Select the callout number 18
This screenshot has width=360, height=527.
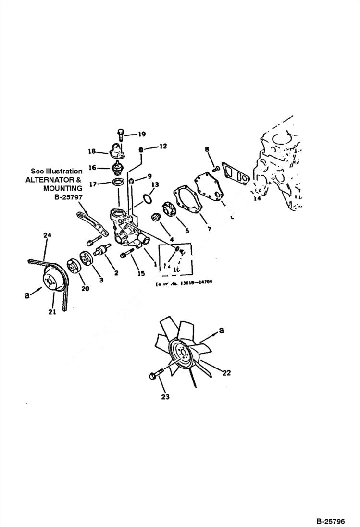[x=92, y=152]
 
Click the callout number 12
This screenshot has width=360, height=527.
[x=163, y=146]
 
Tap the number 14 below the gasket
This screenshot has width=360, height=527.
[x=257, y=198]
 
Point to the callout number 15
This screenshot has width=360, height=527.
[x=141, y=273]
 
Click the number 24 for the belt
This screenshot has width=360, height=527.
[x=47, y=235]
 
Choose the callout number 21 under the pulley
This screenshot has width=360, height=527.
[x=52, y=312]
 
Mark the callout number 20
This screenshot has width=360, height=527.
[x=85, y=289]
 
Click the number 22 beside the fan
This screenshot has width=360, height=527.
[x=227, y=372]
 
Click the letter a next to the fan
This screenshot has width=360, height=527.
[x=222, y=330]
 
